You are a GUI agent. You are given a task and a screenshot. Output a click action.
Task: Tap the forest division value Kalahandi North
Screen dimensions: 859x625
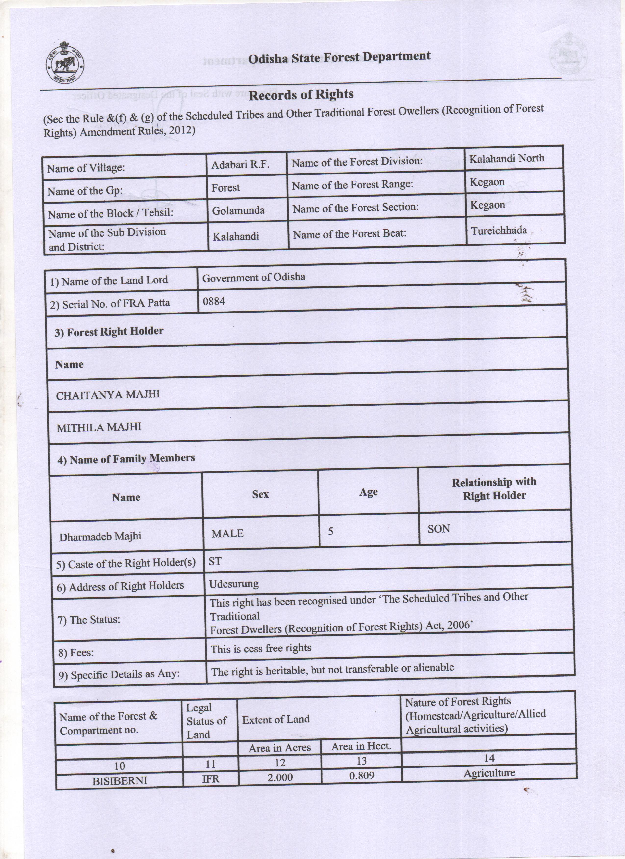coord(507,158)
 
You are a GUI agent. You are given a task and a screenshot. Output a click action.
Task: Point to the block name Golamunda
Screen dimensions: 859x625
coord(238,210)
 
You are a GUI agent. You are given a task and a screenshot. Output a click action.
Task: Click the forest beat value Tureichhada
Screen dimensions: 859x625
coord(499,230)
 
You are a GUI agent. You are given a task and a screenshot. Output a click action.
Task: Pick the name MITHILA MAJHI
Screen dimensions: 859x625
coord(99,427)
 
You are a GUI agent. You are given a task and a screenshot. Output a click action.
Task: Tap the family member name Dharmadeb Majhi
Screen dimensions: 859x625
coord(100,536)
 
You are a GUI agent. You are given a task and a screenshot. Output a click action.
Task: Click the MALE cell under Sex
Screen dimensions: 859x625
coord(227,533)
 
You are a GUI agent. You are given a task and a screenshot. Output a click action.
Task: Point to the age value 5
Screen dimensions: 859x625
coord(330,531)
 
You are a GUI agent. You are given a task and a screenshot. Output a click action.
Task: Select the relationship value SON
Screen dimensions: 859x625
coord(439,529)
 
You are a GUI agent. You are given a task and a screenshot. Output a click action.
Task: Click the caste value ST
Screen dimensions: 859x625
coord(215,561)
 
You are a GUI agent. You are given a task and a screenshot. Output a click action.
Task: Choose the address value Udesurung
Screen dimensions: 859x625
coord(234,584)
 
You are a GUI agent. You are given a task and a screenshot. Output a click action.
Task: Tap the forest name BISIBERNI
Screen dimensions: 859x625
coord(120,781)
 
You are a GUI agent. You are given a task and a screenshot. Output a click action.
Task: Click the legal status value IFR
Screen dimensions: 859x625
coord(211,779)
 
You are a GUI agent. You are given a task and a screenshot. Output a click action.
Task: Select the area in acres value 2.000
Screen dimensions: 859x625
coord(280,778)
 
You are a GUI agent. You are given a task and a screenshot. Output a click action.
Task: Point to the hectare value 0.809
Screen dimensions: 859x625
coord(362,776)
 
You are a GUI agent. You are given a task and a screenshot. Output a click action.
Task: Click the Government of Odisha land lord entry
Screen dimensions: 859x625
coord(254,278)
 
